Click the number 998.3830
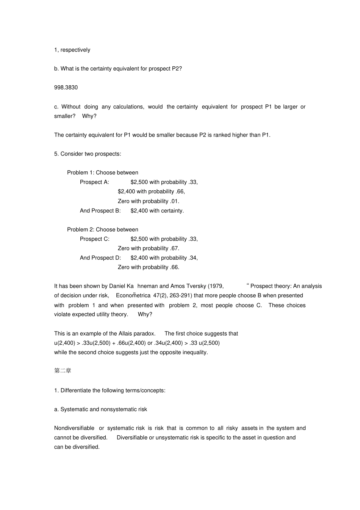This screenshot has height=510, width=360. point(66,88)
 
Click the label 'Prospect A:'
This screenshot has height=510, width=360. point(94,182)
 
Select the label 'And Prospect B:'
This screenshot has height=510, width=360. point(100,210)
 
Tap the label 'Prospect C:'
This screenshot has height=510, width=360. point(94,239)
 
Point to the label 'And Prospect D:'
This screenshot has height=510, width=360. point(100,258)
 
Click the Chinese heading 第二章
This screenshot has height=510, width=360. point(63,371)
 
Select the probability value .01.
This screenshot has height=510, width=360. point(174,201)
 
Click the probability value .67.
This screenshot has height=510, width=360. point(174,248)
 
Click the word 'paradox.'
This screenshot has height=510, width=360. point(145,334)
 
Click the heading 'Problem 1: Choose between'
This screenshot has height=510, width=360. point(103,173)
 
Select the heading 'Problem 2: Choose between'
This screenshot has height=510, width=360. point(103,229)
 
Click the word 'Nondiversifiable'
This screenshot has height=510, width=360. point(74,428)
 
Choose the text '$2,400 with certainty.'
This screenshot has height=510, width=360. point(157,210)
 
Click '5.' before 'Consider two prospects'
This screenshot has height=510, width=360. point(56,154)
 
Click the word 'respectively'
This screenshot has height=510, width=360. point(75,50)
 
